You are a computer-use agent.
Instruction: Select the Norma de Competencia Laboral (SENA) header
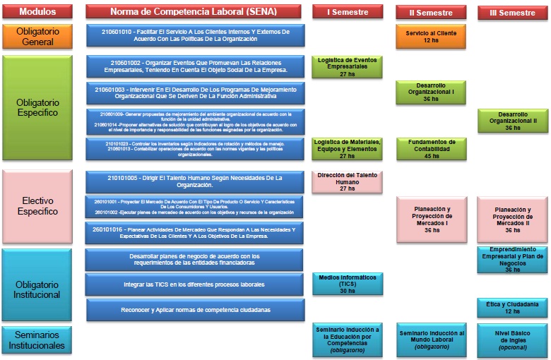pos(194,11)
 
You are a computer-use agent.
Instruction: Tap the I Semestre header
pos(347,12)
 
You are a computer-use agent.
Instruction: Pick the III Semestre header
pos(512,13)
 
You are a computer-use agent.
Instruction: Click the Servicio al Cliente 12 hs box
pos(431,37)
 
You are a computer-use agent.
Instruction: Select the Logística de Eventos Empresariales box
pos(347,66)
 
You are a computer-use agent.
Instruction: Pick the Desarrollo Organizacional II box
pos(512,121)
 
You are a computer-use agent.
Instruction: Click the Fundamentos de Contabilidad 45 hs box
pos(431,148)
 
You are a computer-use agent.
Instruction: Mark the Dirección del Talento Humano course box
pos(347,181)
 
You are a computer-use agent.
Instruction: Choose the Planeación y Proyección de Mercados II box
pos(512,219)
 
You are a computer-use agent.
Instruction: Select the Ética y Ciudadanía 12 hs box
pos(512,307)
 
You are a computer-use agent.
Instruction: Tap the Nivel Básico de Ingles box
pos(512,339)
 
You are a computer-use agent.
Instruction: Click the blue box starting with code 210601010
pos(195,35)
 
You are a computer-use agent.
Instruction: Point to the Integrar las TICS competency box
pos(195,284)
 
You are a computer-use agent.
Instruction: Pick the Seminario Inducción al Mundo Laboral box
pos(431,339)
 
